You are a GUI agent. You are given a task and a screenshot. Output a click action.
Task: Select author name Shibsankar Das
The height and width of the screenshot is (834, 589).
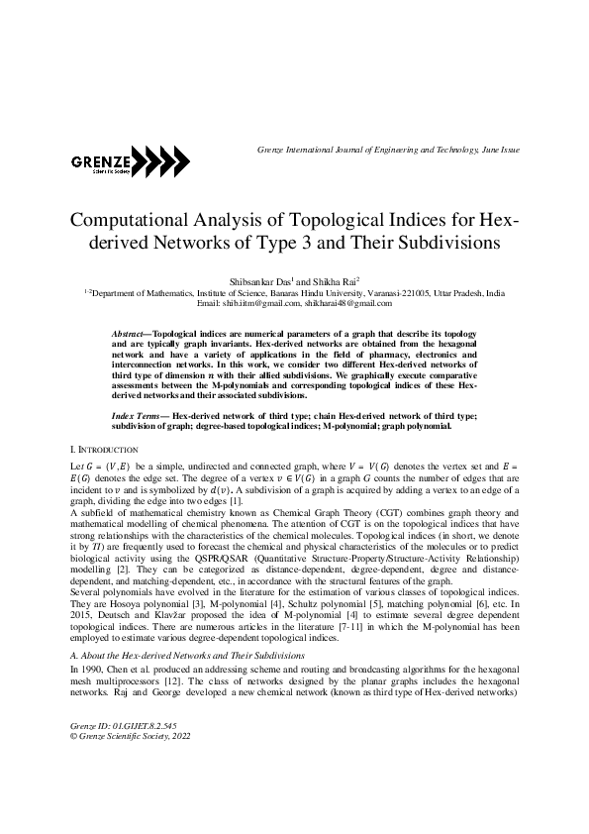click(260, 281)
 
